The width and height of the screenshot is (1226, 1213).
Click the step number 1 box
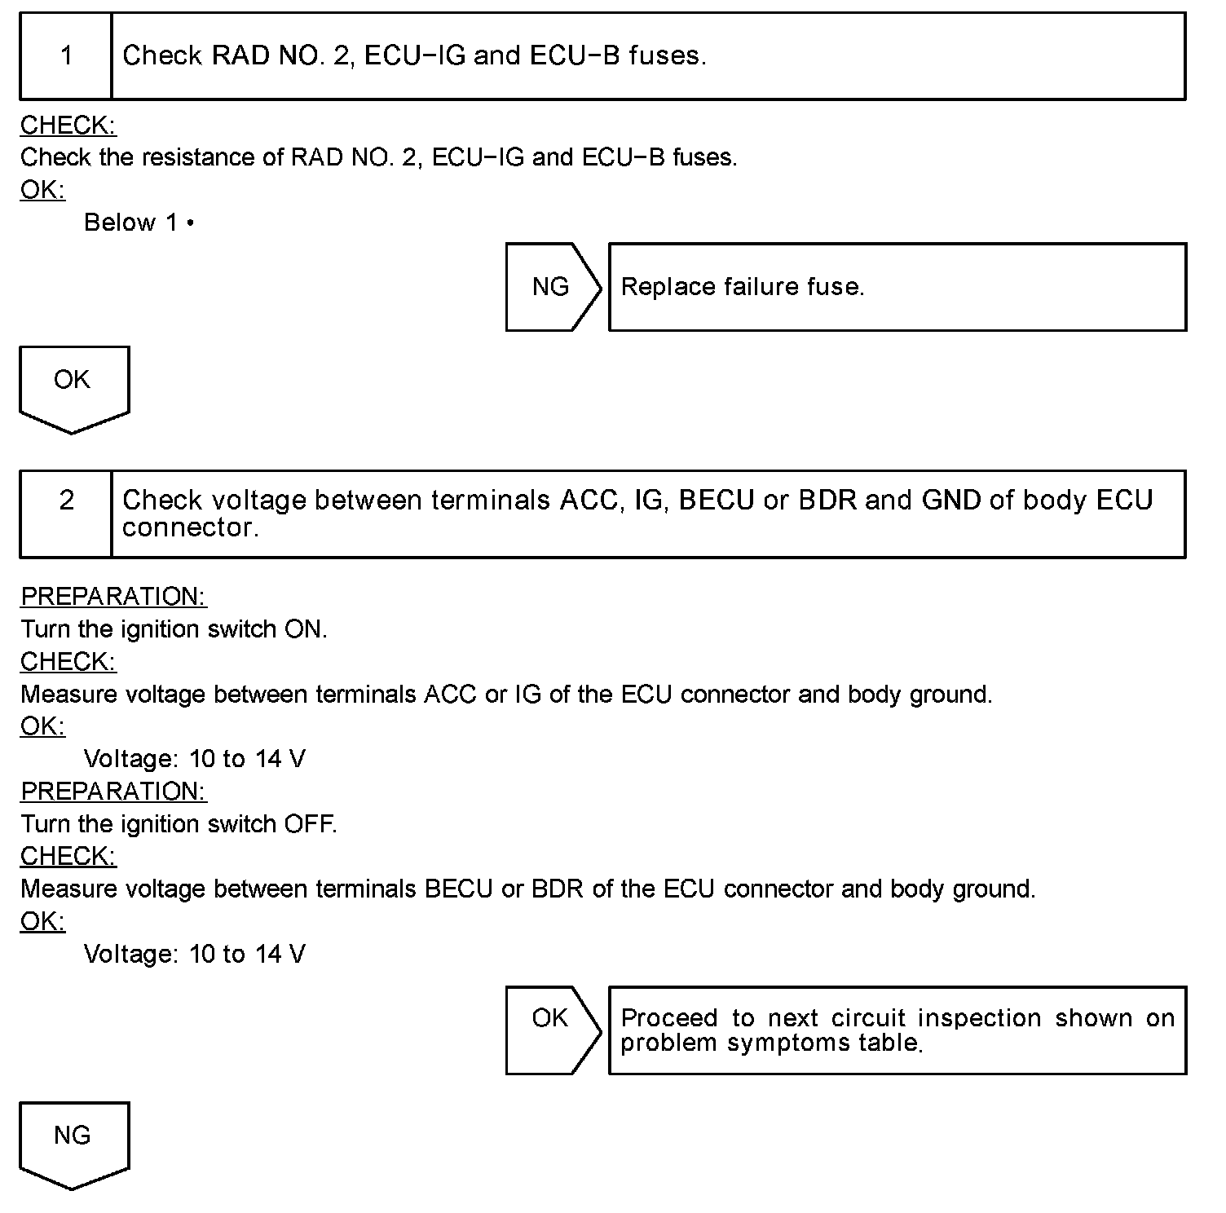pos(66,56)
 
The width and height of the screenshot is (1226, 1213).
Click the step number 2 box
pos(66,514)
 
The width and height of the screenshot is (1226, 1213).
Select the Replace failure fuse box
pos(897,287)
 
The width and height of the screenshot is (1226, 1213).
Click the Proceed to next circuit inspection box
pos(897,1030)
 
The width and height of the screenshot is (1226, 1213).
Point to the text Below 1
pos(139,223)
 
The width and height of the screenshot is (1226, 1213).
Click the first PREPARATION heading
pos(113,597)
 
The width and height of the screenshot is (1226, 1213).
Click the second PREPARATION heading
pos(113,792)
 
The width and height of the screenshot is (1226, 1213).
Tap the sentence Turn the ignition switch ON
pos(174,629)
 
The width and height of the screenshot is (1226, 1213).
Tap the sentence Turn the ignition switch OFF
pos(179,824)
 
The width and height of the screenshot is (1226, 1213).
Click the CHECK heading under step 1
pos(68,126)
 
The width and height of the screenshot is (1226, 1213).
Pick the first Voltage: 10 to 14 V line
pos(195,760)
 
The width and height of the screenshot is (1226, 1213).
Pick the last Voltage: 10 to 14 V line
pos(195,955)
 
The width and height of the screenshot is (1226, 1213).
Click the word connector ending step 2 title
pos(189,527)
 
